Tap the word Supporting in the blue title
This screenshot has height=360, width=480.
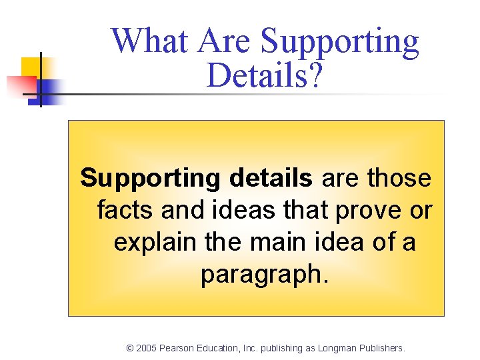point(340,43)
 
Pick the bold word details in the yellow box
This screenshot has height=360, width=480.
point(271,179)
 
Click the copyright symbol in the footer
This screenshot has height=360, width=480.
point(131,348)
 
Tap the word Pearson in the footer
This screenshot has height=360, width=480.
point(180,348)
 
